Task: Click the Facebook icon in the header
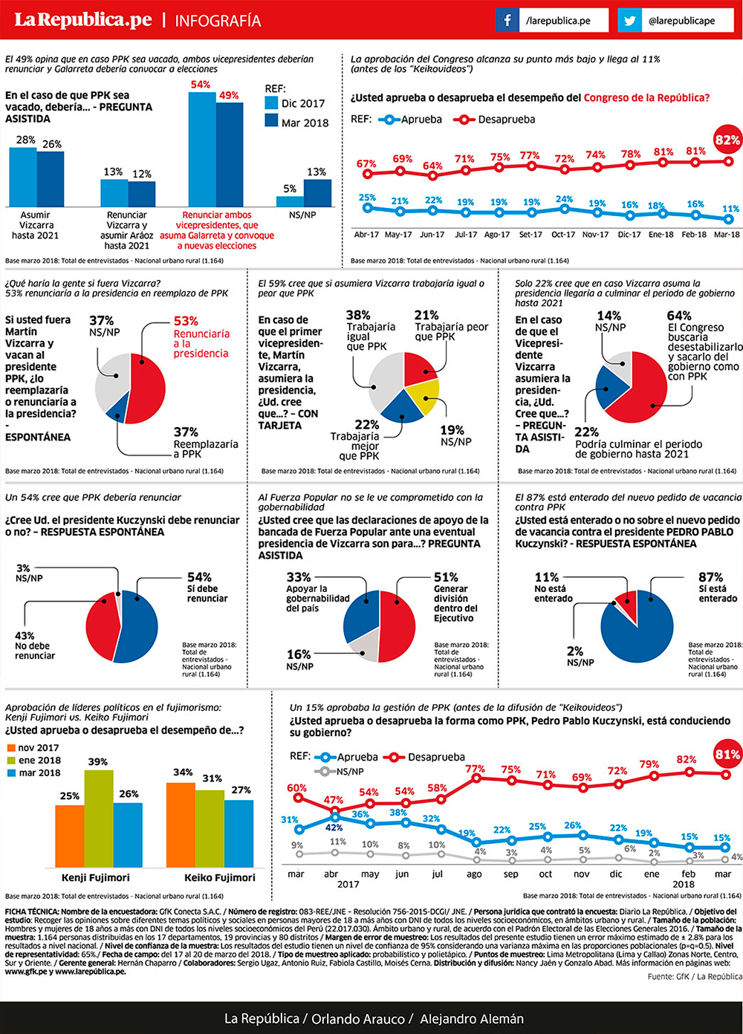click(507, 21)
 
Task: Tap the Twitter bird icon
click(630, 21)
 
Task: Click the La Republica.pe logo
click(83, 20)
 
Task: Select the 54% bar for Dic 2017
click(202, 149)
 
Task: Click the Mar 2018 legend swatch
click(271, 120)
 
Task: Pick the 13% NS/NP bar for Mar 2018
click(317, 192)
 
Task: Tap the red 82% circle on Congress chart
click(727, 140)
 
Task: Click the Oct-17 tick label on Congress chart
click(563, 235)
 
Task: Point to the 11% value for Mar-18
click(731, 209)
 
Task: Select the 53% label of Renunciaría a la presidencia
click(186, 321)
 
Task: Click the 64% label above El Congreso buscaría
click(679, 316)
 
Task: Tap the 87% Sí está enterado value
click(710, 577)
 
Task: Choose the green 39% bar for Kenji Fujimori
click(99, 817)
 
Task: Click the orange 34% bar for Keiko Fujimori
click(181, 825)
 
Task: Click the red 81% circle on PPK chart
click(727, 755)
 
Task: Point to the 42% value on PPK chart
click(334, 827)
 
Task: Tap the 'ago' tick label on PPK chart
click(474, 874)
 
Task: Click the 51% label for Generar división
click(446, 577)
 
